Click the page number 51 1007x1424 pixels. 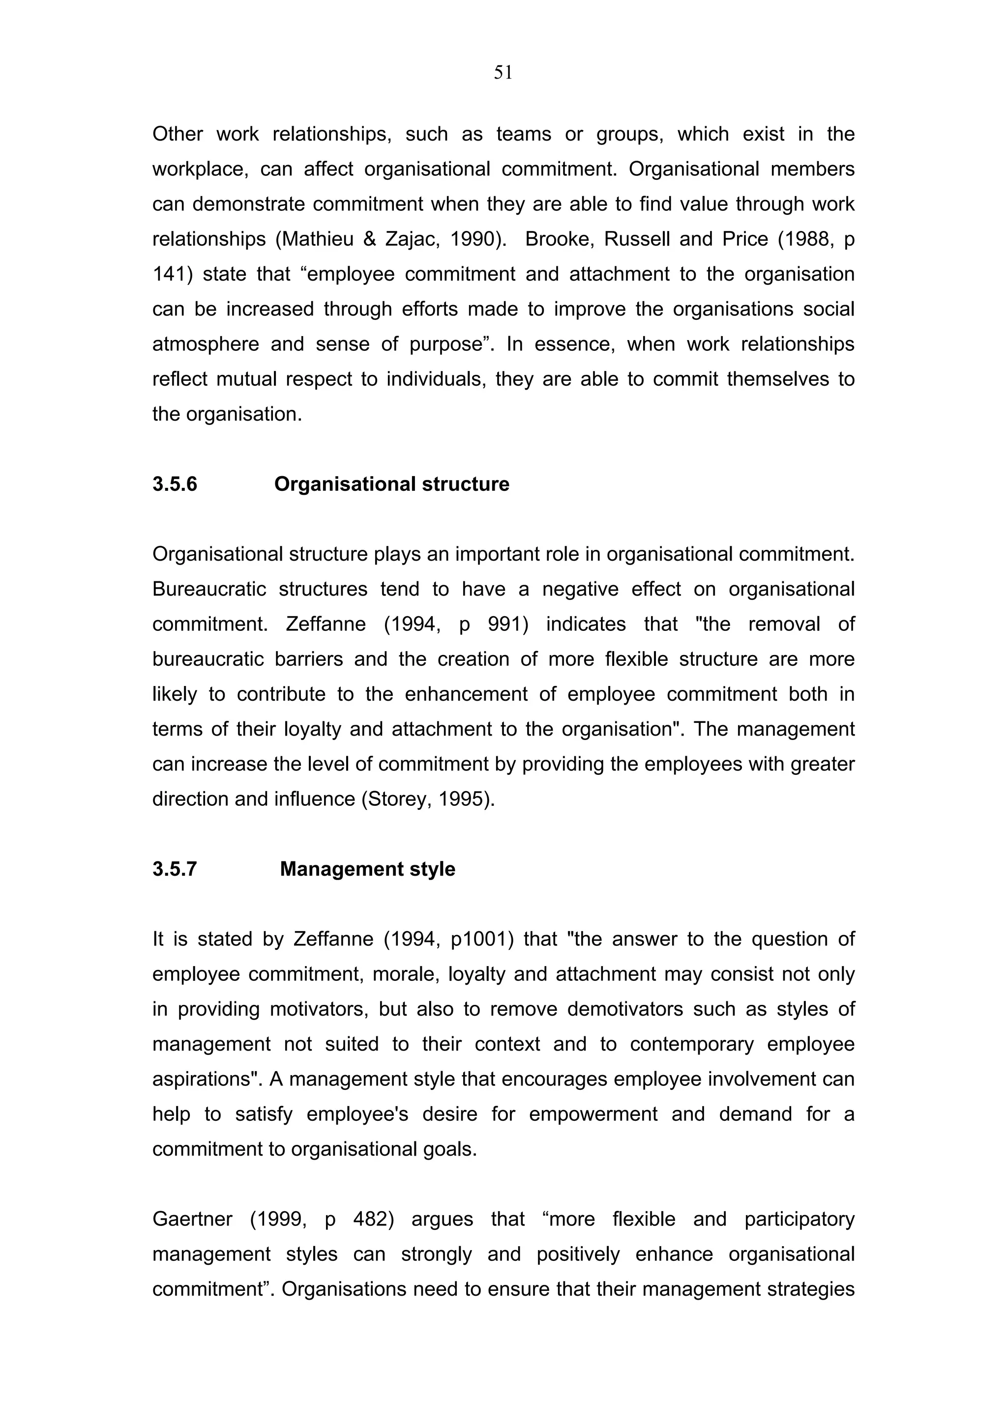[503, 73]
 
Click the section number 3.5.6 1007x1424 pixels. [175, 484]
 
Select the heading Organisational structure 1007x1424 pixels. [391, 484]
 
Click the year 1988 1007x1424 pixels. [806, 239]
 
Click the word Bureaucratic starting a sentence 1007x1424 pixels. [209, 589]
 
